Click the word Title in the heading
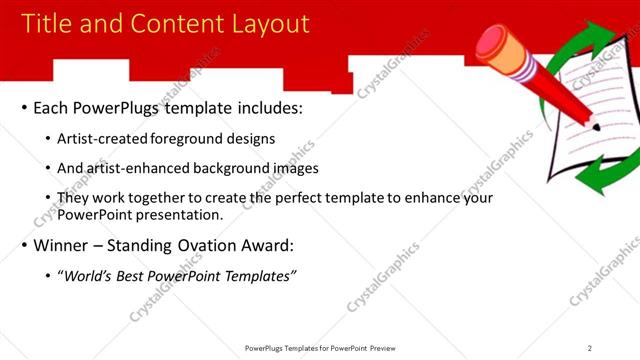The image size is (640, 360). (47, 24)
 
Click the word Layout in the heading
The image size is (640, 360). (264, 24)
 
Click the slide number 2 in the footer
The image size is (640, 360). (590, 348)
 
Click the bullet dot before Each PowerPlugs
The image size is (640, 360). (24, 108)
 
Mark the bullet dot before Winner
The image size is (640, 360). (24, 246)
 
